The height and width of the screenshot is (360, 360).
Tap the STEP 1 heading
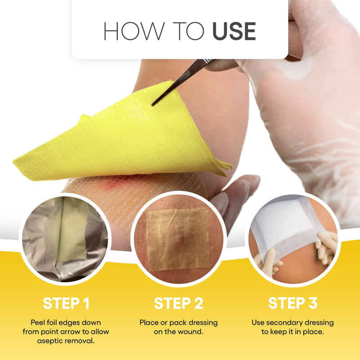66,303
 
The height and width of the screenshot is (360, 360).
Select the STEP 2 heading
179,303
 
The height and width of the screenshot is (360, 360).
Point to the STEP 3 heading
293,303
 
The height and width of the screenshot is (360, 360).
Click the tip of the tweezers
153,104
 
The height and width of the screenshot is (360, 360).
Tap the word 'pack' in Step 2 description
176,323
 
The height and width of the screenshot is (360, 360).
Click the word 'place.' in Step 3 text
313,332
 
